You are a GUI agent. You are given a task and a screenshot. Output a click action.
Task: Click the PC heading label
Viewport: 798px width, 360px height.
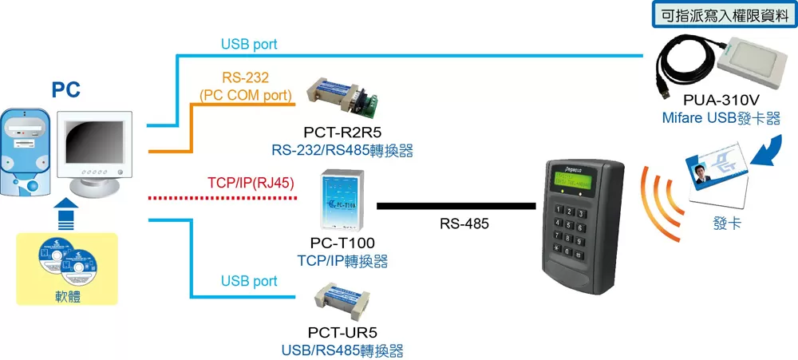tap(66, 89)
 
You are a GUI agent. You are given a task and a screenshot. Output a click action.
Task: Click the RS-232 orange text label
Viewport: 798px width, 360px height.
tap(247, 77)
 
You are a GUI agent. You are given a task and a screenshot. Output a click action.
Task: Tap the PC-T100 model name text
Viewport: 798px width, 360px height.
tap(342, 243)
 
